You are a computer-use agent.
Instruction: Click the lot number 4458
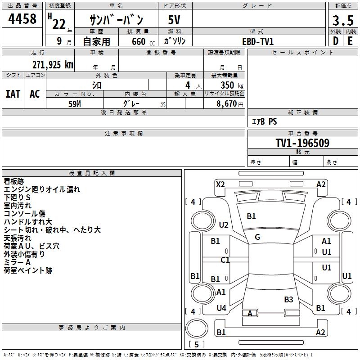coord(22,19)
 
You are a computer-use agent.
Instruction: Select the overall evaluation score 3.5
coord(342,21)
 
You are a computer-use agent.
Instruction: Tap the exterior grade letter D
coord(336,40)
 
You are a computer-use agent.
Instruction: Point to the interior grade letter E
coord(350,40)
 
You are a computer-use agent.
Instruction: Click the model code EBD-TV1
coord(258,41)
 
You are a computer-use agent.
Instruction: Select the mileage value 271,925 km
coord(52,64)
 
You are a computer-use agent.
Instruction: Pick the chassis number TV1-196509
coord(302,143)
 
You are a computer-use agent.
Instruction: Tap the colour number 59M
coord(75,103)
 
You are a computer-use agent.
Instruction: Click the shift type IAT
coord(13,94)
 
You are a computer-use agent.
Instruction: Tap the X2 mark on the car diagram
coord(220,184)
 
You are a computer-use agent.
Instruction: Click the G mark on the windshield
coord(257,237)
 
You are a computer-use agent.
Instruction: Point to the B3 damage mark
coord(288,299)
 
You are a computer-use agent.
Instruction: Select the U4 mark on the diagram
coord(221,308)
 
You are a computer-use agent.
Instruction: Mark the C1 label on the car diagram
coord(225,260)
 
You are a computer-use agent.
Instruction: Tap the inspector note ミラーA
coord(17,262)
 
